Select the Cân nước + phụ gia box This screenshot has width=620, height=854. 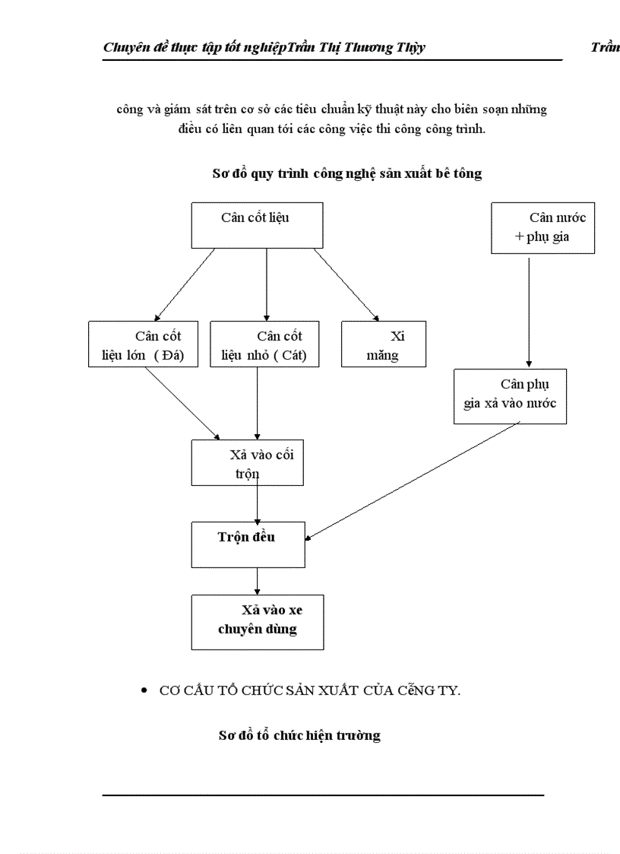point(542,228)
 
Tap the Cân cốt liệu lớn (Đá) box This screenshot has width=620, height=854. point(143,344)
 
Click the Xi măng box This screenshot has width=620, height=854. point(384,344)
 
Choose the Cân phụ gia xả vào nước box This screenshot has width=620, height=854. point(510,396)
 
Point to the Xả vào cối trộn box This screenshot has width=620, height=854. point(247,462)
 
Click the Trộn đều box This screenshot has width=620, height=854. point(248,544)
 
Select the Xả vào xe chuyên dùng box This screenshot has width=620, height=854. point(257,622)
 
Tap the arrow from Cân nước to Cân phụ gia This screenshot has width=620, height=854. point(529,312)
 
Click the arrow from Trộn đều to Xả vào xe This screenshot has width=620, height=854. point(258,581)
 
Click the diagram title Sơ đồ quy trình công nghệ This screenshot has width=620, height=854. point(346,174)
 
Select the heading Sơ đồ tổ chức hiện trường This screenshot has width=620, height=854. point(299,735)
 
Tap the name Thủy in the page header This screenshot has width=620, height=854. point(410,48)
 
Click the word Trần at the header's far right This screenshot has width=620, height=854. point(605,48)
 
